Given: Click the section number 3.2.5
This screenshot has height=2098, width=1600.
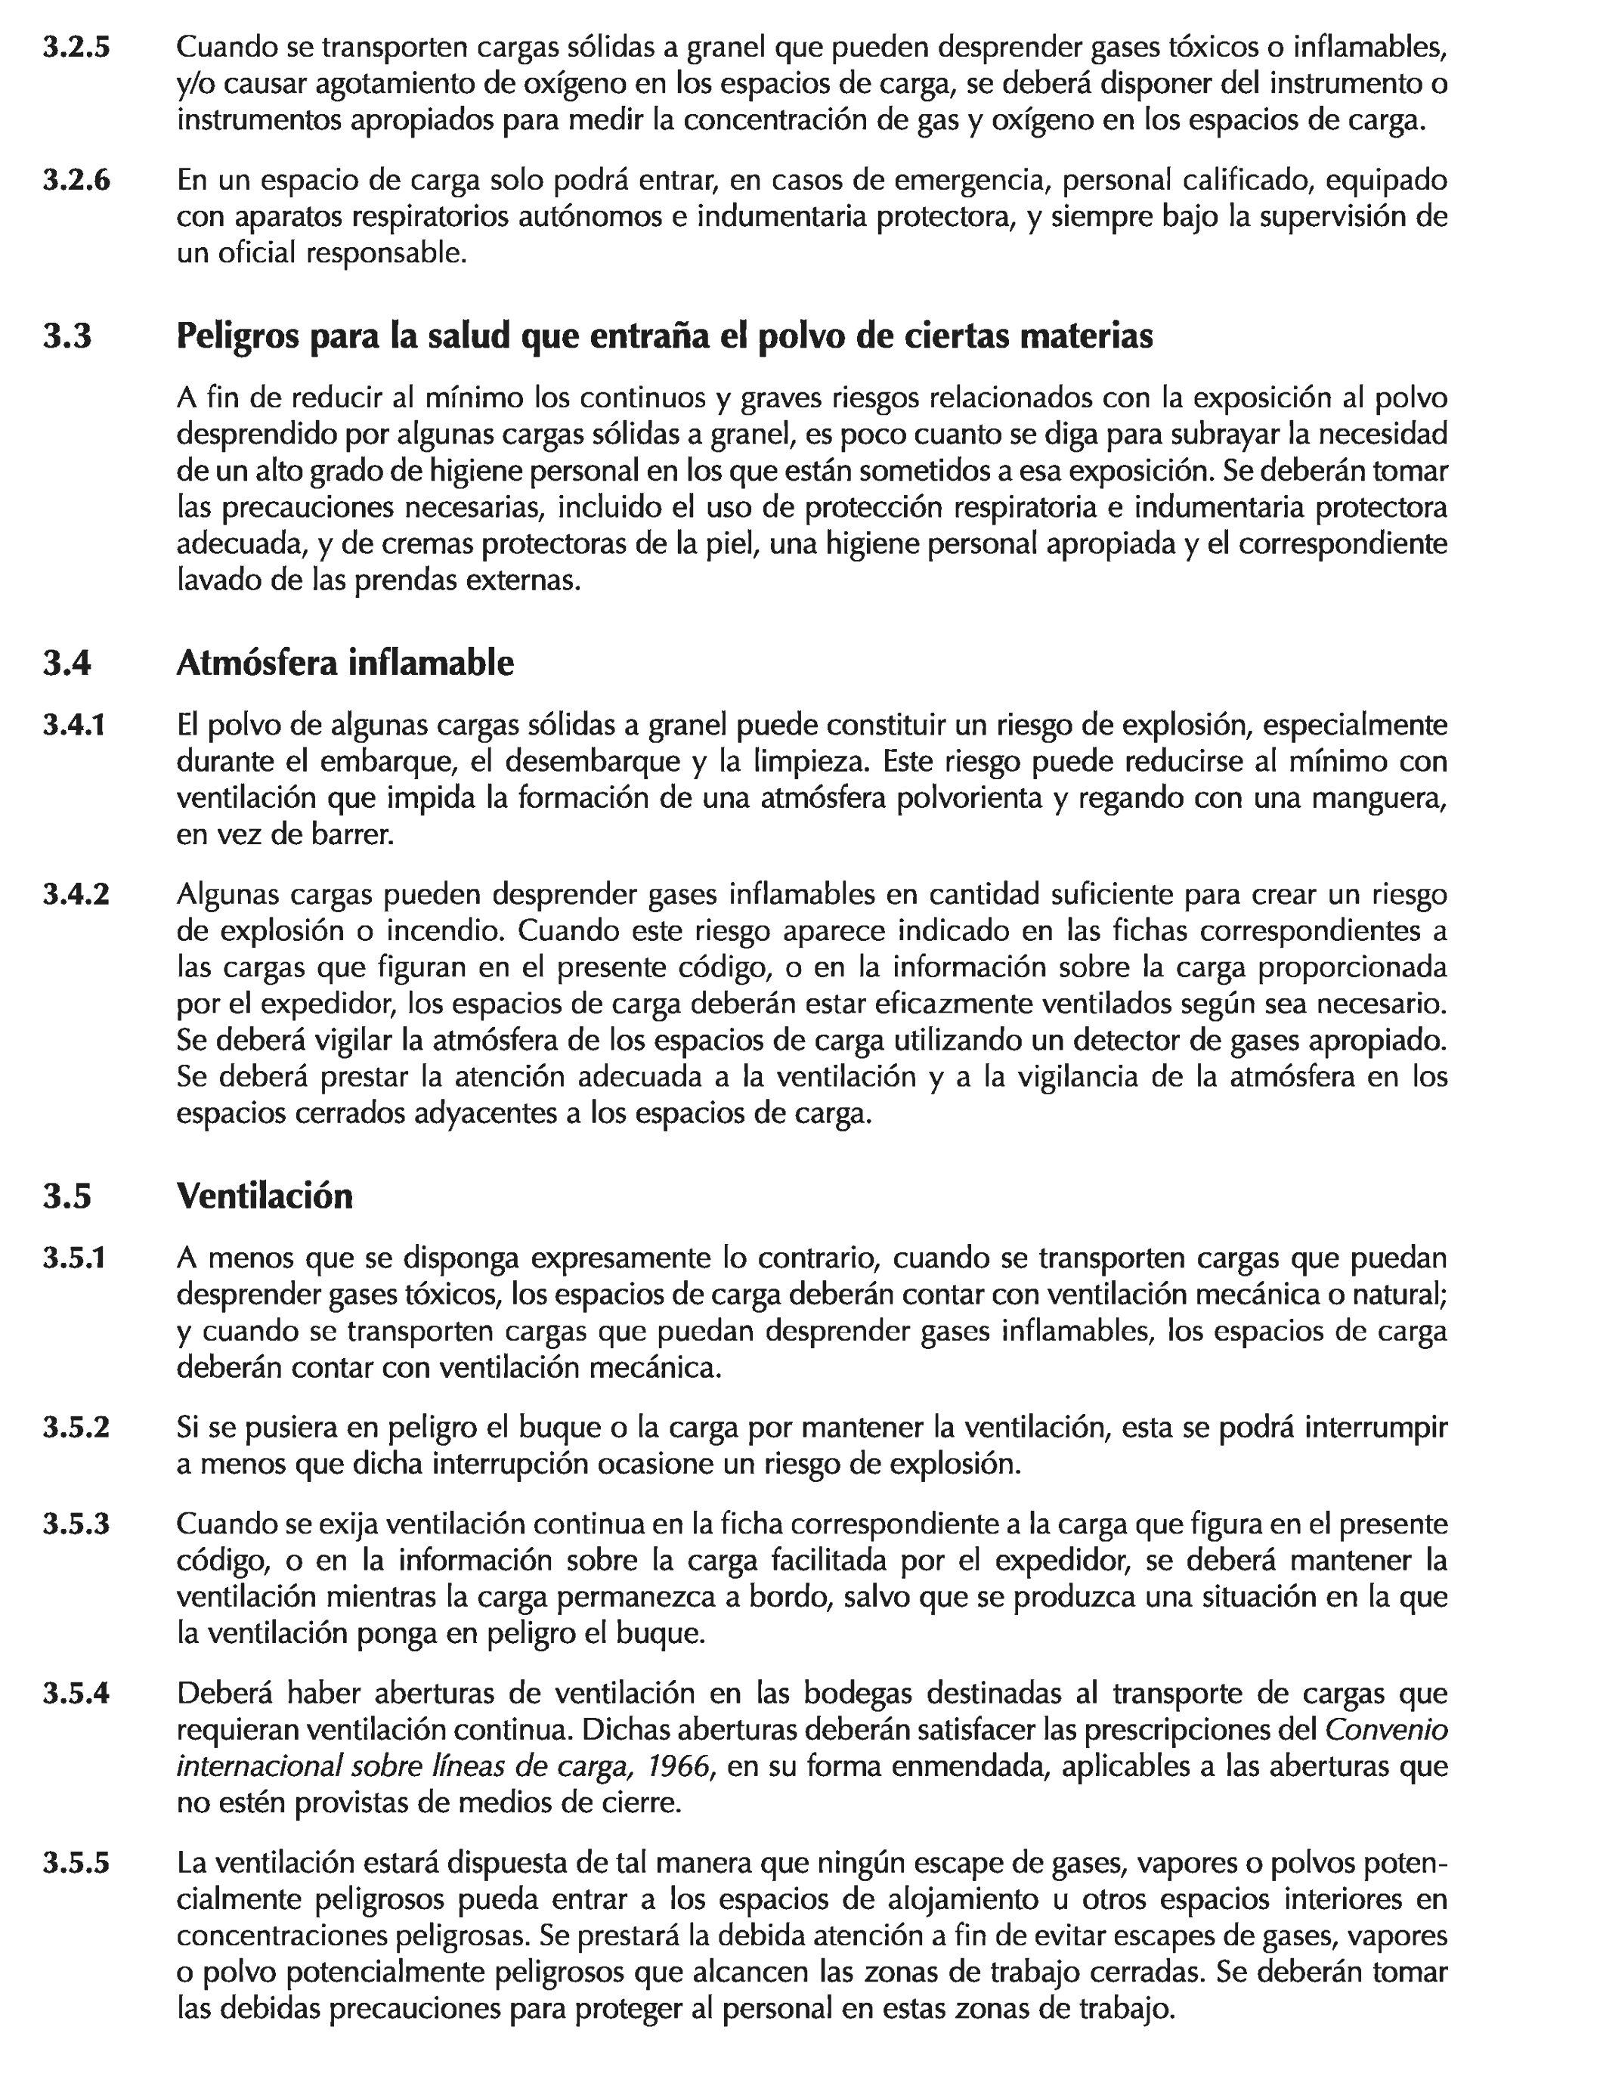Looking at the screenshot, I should (x=76, y=48).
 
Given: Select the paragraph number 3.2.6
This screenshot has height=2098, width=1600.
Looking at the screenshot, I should (x=76, y=180).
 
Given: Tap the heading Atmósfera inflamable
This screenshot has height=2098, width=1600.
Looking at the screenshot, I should (x=345, y=663).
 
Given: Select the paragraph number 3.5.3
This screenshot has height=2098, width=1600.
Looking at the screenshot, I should (x=76, y=1524).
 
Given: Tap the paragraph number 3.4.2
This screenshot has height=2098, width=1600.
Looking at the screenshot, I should (x=76, y=895).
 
